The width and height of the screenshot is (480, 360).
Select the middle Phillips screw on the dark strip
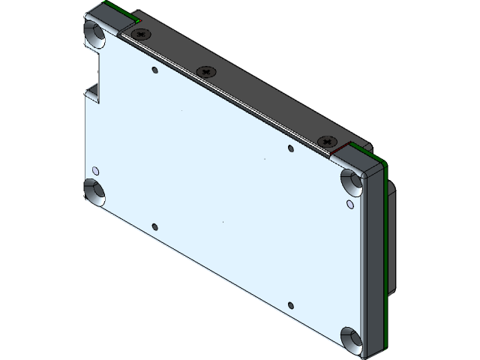click(x=206, y=72)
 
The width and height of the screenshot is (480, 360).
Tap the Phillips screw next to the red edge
click(x=326, y=141)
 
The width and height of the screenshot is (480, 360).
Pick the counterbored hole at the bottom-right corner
click(x=349, y=337)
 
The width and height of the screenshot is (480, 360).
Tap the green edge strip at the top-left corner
click(x=120, y=10)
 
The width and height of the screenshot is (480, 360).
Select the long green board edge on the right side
click(x=385, y=247)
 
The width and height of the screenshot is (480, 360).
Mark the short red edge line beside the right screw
click(x=339, y=152)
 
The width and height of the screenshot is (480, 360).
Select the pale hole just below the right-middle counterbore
click(x=350, y=203)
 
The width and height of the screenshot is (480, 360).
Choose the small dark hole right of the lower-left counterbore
click(x=154, y=226)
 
